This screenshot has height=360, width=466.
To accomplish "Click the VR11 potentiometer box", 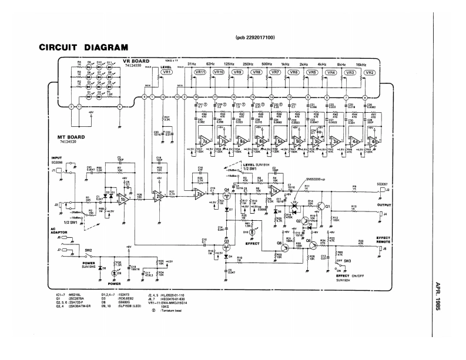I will tap(200, 72).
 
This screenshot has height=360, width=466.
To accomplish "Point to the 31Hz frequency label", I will tap(191, 63).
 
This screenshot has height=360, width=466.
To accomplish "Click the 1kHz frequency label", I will tap(285, 63).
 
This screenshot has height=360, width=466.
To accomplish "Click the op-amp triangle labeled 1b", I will tap(123, 200).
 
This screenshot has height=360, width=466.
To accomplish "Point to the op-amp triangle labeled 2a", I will tap(200, 193).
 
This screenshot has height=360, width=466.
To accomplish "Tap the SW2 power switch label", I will tap(88, 250).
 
